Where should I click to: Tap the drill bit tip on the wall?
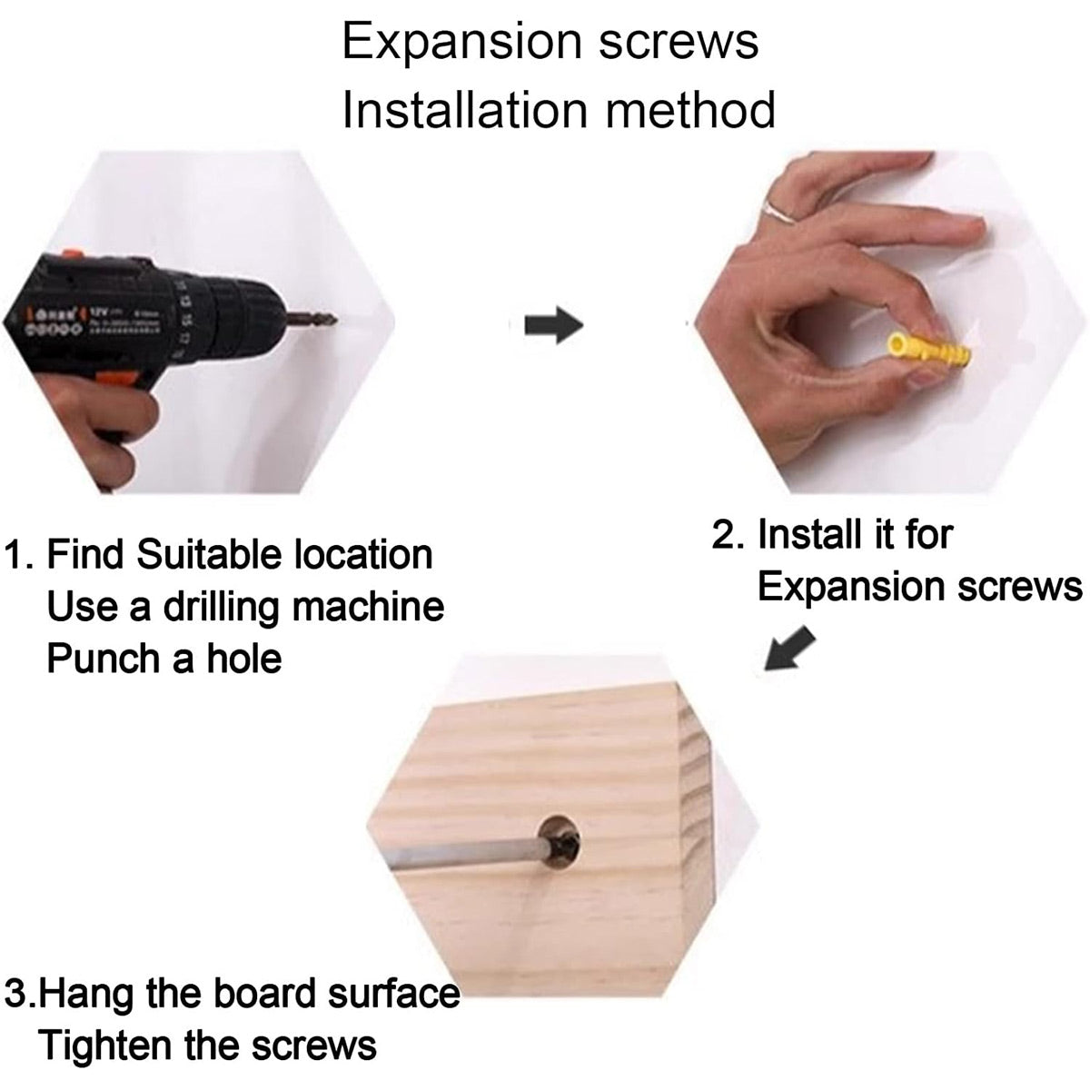(x=332, y=318)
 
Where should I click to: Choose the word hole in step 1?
(x=242, y=657)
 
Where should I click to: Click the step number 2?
(x=725, y=534)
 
